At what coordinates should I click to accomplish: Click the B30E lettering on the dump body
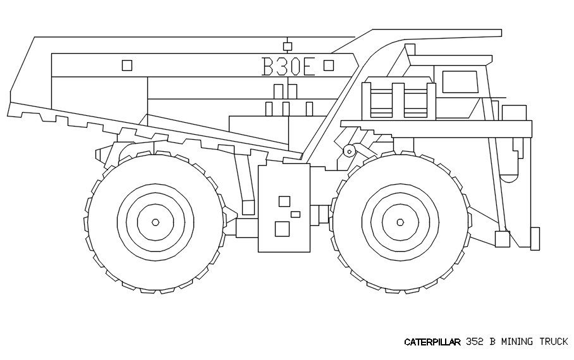click(x=288, y=66)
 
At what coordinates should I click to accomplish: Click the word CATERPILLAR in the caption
click(x=432, y=342)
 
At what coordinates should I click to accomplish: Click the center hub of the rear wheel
click(x=156, y=222)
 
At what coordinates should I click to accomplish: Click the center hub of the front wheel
click(x=400, y=222)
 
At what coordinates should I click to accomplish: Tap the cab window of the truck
click(x=460, y=82)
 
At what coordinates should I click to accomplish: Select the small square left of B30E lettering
click(x=126, y=65)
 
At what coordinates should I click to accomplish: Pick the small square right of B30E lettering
click(x=329, y=65)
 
